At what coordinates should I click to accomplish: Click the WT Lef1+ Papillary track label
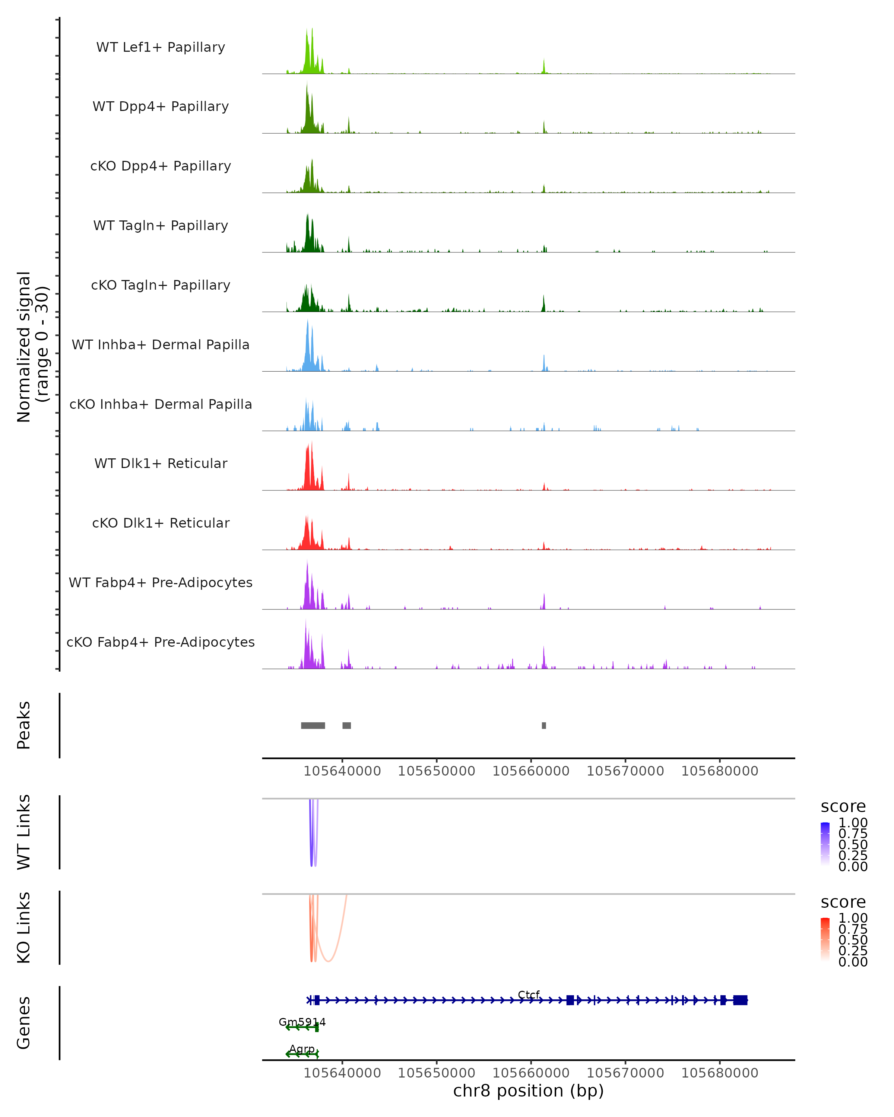(161, 47)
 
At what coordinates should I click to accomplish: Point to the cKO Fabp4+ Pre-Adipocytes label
(161, 642)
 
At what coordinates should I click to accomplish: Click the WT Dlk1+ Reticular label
(161, 463)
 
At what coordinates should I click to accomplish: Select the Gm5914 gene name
(302, 1022)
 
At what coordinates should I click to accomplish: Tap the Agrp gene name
(302, 1048)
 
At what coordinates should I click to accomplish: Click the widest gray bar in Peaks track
(313, 725)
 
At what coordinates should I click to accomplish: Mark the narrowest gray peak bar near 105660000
(543, 725)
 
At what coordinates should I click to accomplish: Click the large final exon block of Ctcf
(740, 1000)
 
